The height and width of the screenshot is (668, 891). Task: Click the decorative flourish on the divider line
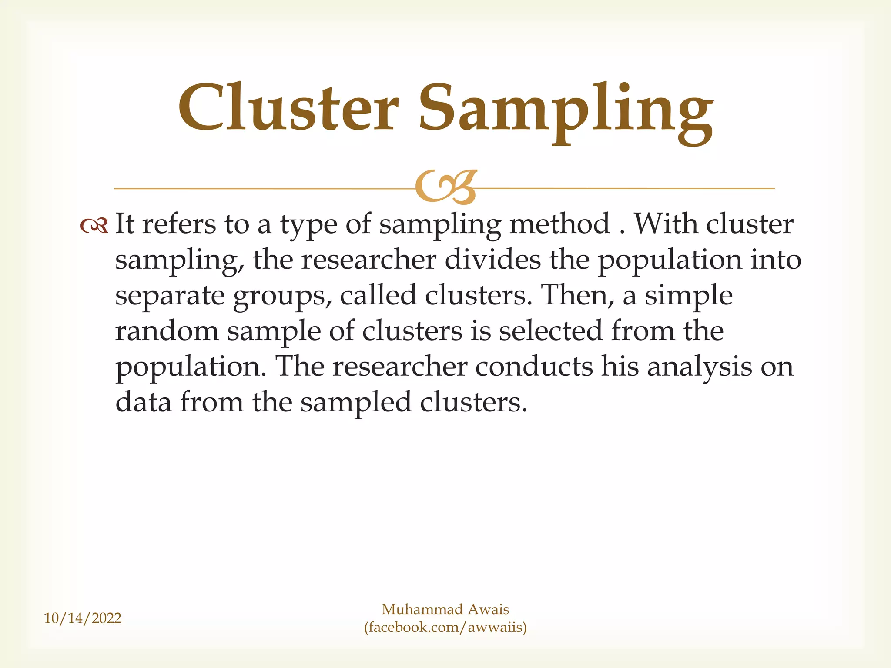click(x=446, y=187)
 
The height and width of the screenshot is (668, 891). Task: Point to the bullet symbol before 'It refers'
click(x=94, y=226)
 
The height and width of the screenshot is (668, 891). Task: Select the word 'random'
click(x=167, y=331)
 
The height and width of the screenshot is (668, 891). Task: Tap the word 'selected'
click(x=551, y=331)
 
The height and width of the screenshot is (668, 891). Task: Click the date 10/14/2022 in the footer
click(x=83, y=618)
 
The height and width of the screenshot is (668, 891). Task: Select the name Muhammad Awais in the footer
click(x=445, y=609)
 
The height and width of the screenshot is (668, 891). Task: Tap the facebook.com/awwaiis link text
click(x=445, y=628)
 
